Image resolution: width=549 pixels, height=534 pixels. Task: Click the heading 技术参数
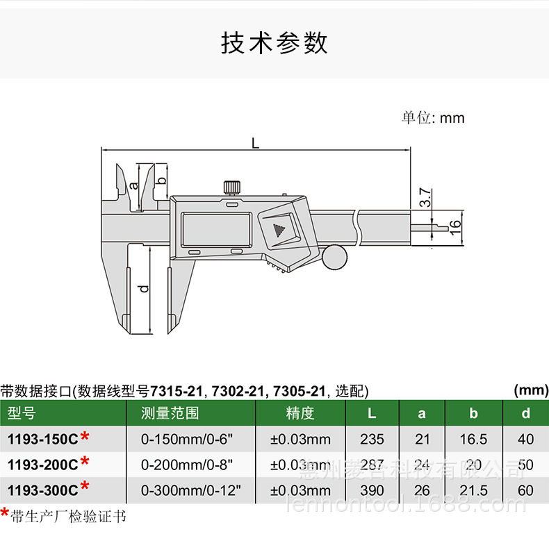coord(274,43)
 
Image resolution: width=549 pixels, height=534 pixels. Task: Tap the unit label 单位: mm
coord(432,117)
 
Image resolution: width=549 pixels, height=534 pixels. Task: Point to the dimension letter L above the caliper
coord(255,142)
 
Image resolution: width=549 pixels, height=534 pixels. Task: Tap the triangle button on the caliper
coord(279,230)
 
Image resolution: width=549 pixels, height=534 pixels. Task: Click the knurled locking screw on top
coord(231,187)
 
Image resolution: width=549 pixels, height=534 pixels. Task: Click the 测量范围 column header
coord(170,414)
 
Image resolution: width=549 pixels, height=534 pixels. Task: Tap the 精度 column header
coord(300,414)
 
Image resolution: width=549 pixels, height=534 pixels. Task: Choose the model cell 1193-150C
coord(43,439)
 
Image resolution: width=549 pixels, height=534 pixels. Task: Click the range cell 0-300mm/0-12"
coord(190,490)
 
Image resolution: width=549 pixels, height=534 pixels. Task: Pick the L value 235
coord(372,439)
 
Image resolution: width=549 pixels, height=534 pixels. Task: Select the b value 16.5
coord(474,439)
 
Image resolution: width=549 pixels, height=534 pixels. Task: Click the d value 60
coord(526,490)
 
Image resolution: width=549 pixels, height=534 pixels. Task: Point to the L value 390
coord(372,490)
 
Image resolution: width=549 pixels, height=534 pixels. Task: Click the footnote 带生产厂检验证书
coord(68,516)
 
